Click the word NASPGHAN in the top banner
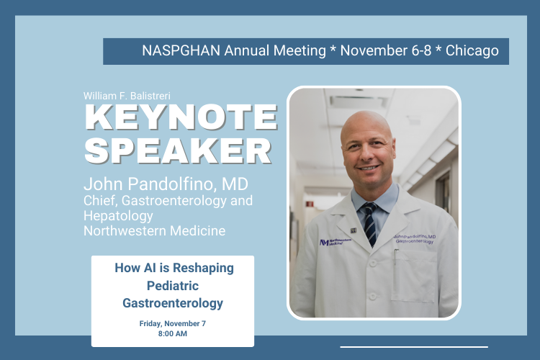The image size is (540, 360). coord(181,50)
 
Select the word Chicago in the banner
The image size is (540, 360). coord(472,51)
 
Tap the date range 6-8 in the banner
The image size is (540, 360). coord(421,50)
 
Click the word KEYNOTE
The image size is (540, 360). coord(181,117)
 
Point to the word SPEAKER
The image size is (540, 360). coord(178,151)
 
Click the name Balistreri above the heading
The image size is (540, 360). coord(150,96)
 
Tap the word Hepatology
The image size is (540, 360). coord(118,216)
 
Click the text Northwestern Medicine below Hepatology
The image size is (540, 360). coord(154,231)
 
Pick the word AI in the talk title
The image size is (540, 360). coord(150,268)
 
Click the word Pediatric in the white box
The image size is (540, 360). coord(173,286)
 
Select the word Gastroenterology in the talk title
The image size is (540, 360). coord(173,303)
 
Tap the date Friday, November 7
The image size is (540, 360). coord(173,324)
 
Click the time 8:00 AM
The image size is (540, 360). coord(173,334)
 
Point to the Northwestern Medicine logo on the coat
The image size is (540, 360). coord(336,242)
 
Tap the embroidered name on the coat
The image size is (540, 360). coord(415,239)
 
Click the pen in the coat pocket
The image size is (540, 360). coord(396,256)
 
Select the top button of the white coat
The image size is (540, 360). coord(372,264)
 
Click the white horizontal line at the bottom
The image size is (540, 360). coord(414,347)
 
